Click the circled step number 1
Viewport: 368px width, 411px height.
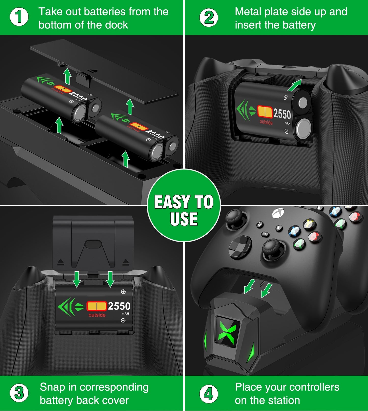point(19,17)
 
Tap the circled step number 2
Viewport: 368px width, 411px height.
point(209,18)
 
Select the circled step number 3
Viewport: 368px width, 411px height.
point(19,393)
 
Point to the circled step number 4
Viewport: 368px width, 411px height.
point(209,394)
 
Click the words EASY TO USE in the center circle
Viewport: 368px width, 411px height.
point(184,210)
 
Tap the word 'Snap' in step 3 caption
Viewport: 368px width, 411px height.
point(52,387)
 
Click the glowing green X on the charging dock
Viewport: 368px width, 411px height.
point(227,331)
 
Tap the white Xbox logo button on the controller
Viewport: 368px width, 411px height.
point(278,212)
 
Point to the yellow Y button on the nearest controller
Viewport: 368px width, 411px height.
point(309,224)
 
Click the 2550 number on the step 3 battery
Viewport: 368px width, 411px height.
point(119,306)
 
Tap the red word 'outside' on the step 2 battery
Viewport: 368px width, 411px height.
point(266,122)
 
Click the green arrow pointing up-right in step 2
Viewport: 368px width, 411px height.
point(295,85)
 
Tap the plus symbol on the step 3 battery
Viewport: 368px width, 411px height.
point(123,292)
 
